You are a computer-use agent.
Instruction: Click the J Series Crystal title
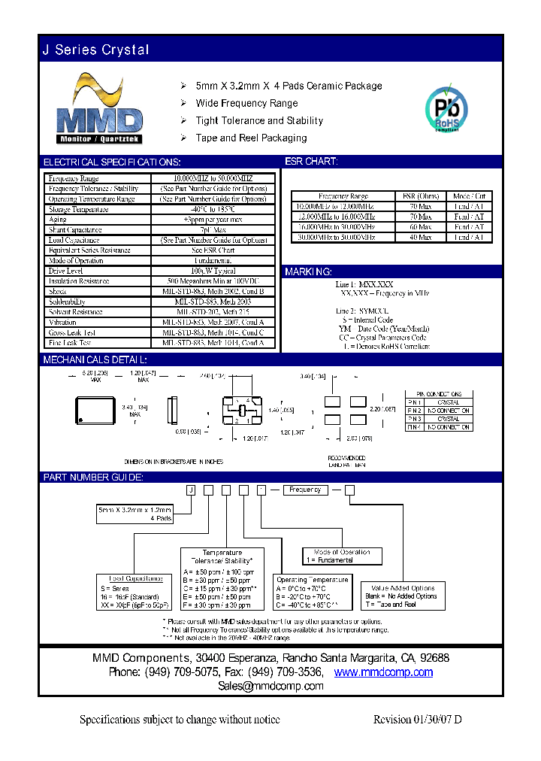[x=95, y=50]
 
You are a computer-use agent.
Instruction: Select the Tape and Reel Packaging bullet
[x=251, y=138]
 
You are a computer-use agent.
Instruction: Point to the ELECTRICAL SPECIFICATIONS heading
[x=111, y=162]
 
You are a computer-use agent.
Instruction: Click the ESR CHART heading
[x=311, y=162]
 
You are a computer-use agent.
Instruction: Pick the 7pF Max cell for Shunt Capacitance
[x=213, y=229]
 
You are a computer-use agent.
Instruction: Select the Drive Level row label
[x=66, y=271]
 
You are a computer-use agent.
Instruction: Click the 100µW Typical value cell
[x=213, y=271]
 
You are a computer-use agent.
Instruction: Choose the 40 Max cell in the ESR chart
[x=420, y=237]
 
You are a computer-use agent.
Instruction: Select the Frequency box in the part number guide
[x=305, y=490]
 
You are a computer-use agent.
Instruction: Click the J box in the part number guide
[x=191, y=490]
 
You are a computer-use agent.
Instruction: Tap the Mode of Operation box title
[x=342, y=552]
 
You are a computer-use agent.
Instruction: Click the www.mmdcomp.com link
[x=383, y=672]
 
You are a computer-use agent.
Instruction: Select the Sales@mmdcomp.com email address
[x=270, y=686]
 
